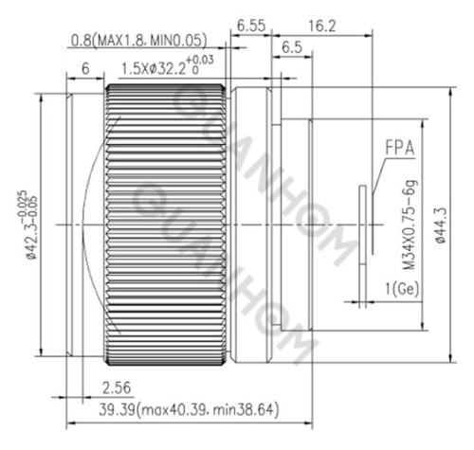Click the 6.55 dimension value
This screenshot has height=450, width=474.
(251, 26)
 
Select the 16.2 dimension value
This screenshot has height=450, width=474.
(321, 26)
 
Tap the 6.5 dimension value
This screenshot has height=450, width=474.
(292, 47)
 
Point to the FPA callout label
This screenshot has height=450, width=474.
(399, 148)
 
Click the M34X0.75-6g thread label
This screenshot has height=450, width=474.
(410, 225)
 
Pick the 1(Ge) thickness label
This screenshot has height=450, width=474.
(402, 288)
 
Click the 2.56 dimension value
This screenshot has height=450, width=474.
(117, 387)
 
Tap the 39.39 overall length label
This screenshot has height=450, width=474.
(189, 410)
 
